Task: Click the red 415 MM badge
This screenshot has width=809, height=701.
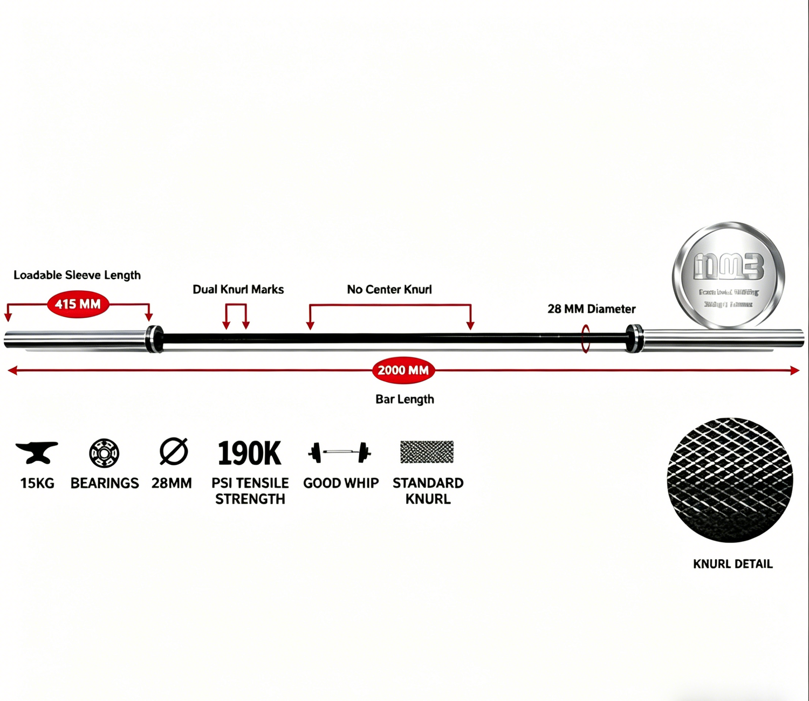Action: [x=78, y=304]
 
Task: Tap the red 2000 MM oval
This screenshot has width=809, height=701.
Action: [x=403, y=370]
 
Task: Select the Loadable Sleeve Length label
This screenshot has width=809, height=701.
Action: [x=77, y=275]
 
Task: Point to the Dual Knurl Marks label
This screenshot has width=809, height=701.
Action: [x=238, y=290]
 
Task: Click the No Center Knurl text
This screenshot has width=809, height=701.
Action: [x=389, y=290]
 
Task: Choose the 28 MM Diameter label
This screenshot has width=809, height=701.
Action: [x=591, y=309]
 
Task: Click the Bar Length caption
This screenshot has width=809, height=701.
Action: [x=404, y=399]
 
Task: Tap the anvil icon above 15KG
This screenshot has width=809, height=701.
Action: [x=37, y=452]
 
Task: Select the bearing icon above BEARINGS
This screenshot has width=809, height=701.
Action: [x=104, y=452]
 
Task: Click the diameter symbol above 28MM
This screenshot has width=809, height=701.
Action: [x=174, y=451]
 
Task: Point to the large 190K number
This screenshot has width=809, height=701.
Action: [x=249, y=453]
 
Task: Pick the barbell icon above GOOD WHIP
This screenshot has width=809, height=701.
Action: [x=340, y=452]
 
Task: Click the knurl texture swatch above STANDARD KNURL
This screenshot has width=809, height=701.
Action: [x=427, y=452]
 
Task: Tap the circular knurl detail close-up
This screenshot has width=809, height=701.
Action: [x=730, y=480]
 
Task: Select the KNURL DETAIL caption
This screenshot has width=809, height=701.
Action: [x=732, y=564]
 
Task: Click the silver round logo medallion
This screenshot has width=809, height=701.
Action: [x=729, y=275]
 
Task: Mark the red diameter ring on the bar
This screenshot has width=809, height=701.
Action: [x=585, y=339]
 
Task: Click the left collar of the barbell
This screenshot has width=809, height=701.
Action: [x=155, y=339]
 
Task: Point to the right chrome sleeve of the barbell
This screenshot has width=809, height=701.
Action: [x=723, y=339]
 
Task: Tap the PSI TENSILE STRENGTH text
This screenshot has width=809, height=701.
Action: [x=250, y=491]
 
